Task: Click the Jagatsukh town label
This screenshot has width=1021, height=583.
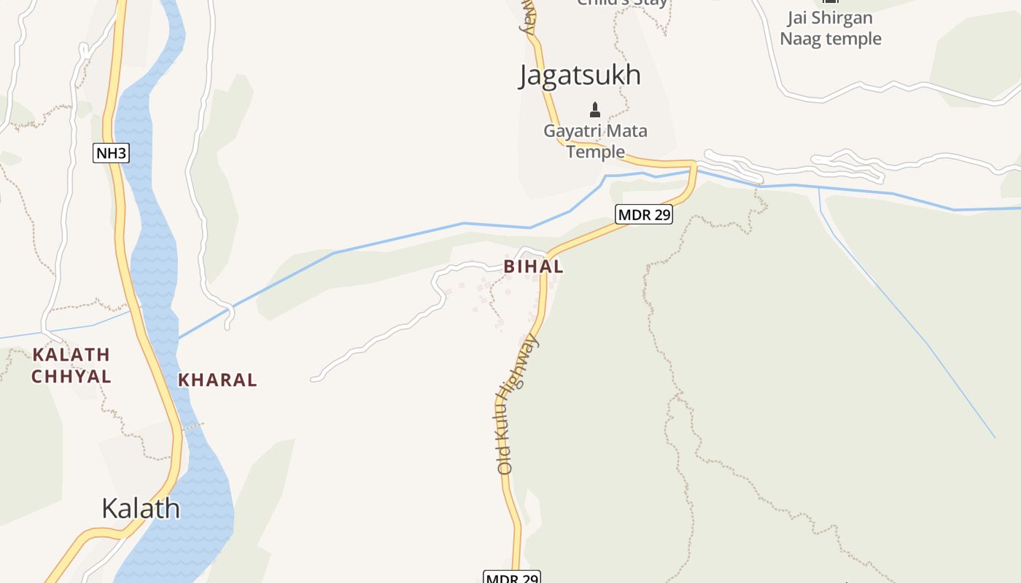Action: point(580,76)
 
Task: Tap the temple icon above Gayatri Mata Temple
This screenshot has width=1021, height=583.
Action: point(595,110)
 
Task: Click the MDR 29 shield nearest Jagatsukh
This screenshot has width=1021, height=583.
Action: point(643,214)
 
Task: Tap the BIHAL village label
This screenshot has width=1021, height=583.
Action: point(533,267)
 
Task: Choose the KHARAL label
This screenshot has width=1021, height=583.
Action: point(217,380)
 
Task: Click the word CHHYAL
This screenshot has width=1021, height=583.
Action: point(71,377)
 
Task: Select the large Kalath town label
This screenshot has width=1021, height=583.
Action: point(141,508)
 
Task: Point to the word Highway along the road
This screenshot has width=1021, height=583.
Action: point(524,368)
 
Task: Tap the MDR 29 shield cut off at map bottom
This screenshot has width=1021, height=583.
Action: point(512,577)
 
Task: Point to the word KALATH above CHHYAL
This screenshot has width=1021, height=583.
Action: point(71,355)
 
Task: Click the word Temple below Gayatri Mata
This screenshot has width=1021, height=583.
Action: point(595,152)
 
